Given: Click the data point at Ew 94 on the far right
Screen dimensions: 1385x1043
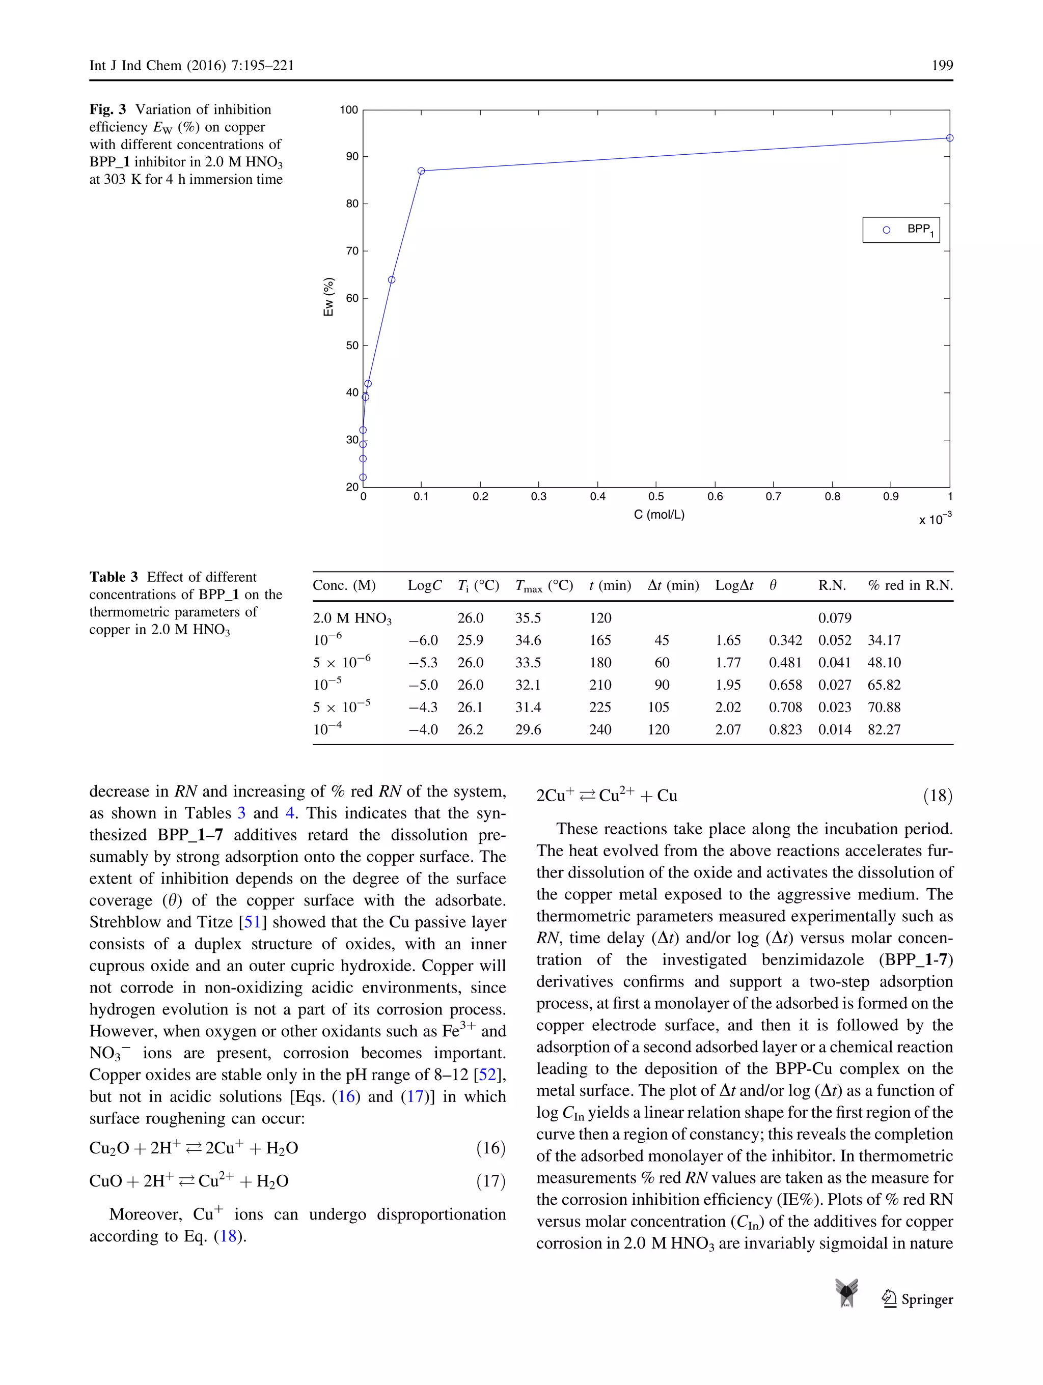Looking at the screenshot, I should [x=949, y=138].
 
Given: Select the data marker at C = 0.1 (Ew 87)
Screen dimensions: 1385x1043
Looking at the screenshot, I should [x=421, y=171].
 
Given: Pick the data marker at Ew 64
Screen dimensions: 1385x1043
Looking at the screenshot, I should [x=392, y=280].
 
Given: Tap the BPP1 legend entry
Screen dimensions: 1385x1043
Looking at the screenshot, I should [x=901, y=230].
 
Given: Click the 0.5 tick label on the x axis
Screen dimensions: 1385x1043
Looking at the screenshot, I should [x=656, y=496].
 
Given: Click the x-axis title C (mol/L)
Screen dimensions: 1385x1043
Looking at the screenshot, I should [x=658, y=515].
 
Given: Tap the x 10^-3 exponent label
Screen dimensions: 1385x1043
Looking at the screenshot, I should [x=935, y=519].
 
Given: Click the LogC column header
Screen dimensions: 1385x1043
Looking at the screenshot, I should [x=424, y=585].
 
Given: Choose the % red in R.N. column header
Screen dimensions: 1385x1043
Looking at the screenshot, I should [x=910, y=585].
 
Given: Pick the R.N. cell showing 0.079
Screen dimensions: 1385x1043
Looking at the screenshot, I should [x=834, y=618].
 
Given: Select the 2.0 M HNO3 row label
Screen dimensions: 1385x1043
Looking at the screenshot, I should [x=352, y=618].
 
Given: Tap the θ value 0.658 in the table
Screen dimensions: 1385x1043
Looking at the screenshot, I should [x=785, y=685].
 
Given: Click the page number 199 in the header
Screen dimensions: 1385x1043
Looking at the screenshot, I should [x=942, y=66].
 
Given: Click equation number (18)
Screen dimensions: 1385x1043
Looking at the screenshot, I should [x=937, y=796].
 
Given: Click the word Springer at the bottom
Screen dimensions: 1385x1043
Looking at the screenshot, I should [x=926, y=1299].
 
